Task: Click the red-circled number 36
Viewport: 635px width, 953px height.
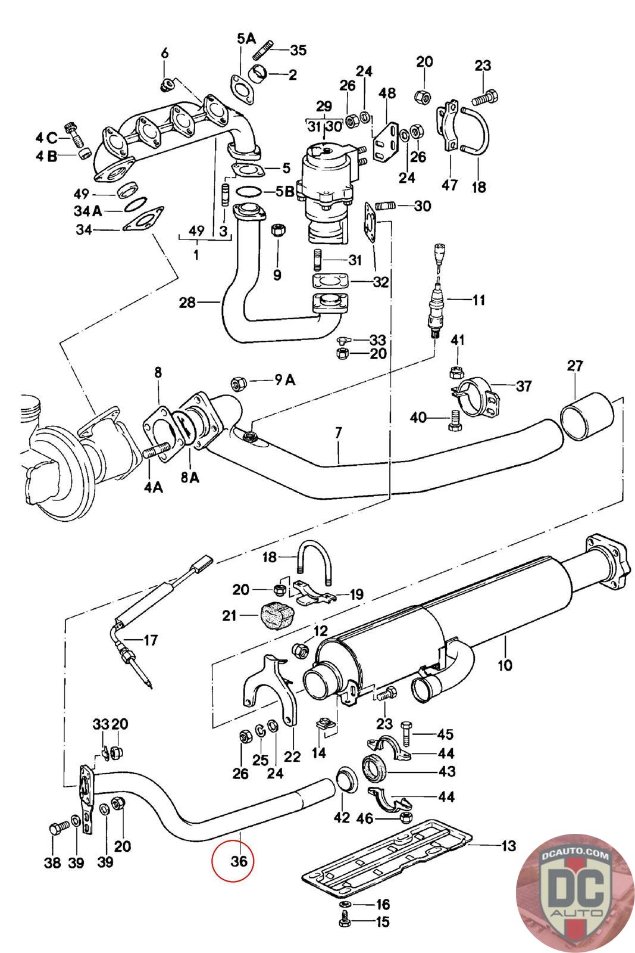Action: [x=239, y=861]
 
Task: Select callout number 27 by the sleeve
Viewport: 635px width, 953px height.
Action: [x=575, y=366]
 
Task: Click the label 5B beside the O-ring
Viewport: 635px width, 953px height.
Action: [x=285, y=191]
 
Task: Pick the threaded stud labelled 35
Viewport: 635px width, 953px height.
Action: [x=264, y=49]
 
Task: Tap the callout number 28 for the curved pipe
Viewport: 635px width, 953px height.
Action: [x=187, y=303]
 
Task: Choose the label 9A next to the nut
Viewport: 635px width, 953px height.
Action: [x=285, y=379]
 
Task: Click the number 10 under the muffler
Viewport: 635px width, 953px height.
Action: [x=505, y=665]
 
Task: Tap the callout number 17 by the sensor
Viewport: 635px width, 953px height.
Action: [x=151, y=640]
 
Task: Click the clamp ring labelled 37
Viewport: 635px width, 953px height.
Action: [x=476, y=397]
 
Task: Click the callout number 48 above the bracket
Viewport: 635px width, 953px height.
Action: [x=387, y=93]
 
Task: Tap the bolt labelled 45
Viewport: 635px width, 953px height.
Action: [x=406, y=734]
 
